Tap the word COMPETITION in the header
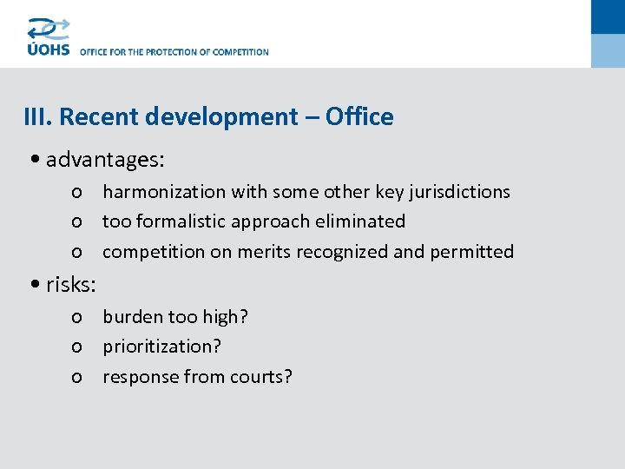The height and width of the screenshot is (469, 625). coord(239,52)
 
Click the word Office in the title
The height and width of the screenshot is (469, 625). coord(359,117)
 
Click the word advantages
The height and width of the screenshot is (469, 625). coord(103,161)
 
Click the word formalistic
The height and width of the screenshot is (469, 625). coord(187,221)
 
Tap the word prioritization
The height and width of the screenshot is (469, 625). coord(161,347)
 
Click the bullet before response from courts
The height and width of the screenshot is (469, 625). coord(77,378)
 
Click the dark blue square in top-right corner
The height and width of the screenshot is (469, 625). coord(608,17)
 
